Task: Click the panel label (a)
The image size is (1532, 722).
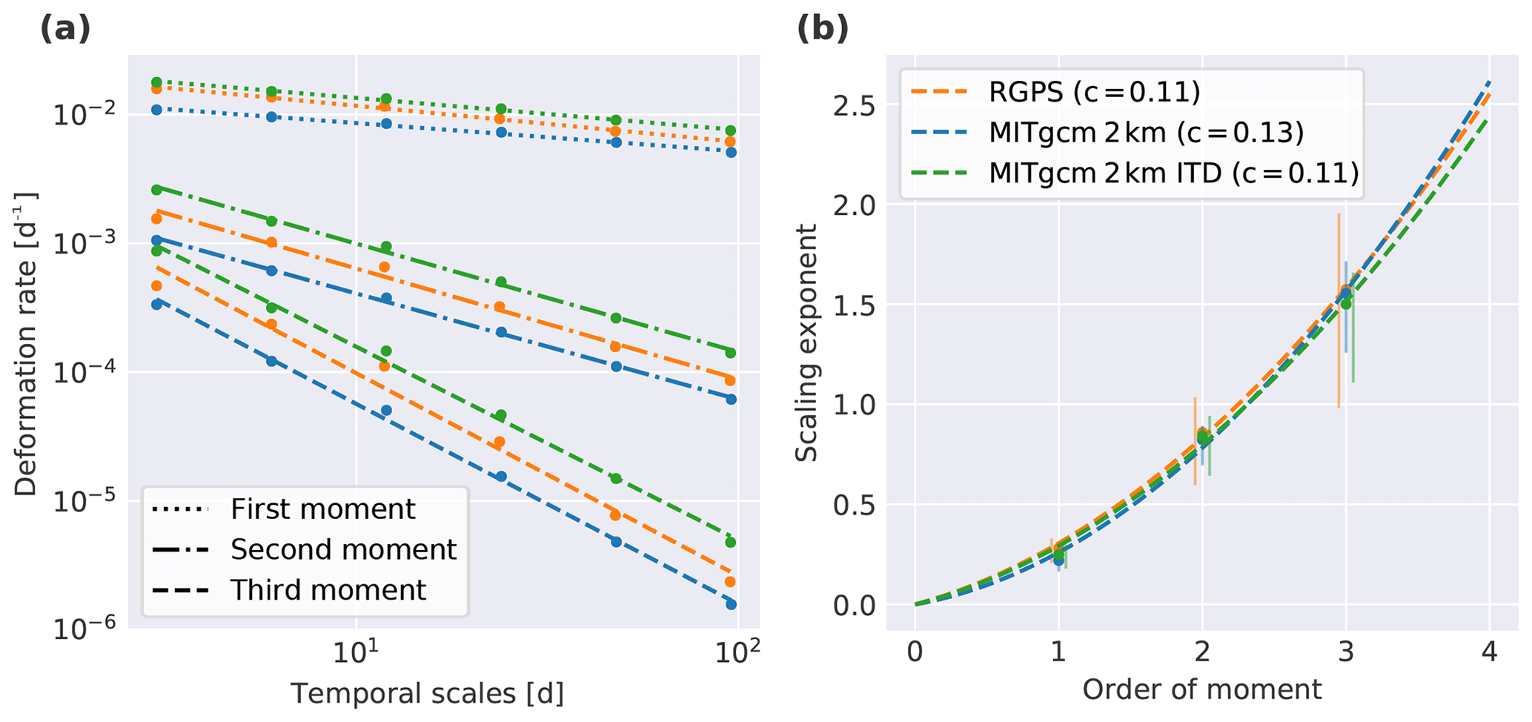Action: [64, 30]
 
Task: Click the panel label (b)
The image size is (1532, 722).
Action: [822, 30]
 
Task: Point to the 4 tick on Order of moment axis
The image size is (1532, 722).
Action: [1489, 652]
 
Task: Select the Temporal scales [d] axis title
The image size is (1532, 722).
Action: [427, 694]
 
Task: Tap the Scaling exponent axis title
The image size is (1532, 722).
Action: [807, 343]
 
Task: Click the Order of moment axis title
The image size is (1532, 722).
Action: [1201, 690]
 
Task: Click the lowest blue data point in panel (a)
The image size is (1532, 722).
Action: [731, 604]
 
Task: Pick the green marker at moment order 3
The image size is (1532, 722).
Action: [1346, 303]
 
